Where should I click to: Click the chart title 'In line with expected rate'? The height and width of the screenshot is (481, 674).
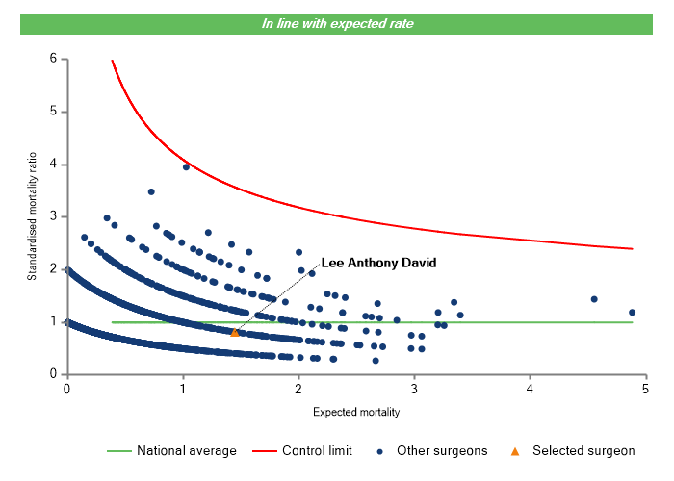click(337, 23)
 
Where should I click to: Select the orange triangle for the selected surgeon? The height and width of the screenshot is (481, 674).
click(235, 332)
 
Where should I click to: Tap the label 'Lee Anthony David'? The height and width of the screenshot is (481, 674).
click(378, 263)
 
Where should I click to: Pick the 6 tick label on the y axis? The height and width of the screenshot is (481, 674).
click(54, 59)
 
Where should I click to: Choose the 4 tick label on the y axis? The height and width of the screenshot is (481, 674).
click(54, 165)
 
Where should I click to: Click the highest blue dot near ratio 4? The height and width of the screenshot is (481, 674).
click(186, 166)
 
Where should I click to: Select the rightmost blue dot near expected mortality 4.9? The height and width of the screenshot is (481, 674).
click(632, 312)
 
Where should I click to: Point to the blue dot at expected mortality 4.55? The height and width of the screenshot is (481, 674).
click(594, 299)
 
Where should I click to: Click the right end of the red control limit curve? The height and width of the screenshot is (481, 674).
click(632, 248)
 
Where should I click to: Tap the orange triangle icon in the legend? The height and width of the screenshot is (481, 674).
click(515, 450)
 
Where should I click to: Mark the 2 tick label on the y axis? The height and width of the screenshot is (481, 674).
click(54, 269)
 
